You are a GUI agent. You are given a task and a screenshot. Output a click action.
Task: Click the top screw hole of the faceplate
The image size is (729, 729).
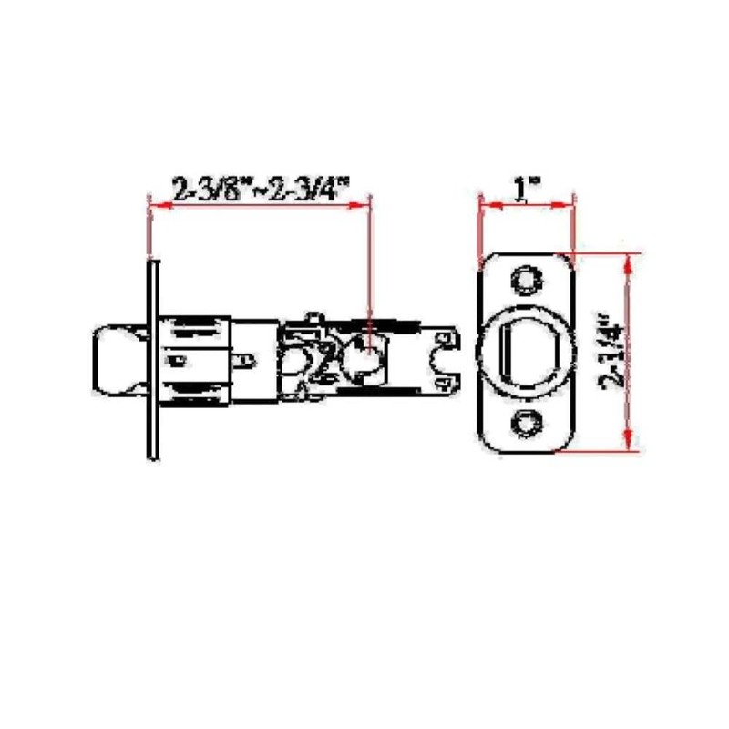click(x=525, y=280)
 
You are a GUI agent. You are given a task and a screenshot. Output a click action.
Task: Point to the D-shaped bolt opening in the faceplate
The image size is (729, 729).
click(x=526, y=351)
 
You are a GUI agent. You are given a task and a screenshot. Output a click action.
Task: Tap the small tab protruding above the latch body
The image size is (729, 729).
click(x=315, y=317)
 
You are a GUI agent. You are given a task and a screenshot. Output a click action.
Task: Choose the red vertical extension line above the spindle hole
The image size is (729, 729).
click(x=369, y=264)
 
